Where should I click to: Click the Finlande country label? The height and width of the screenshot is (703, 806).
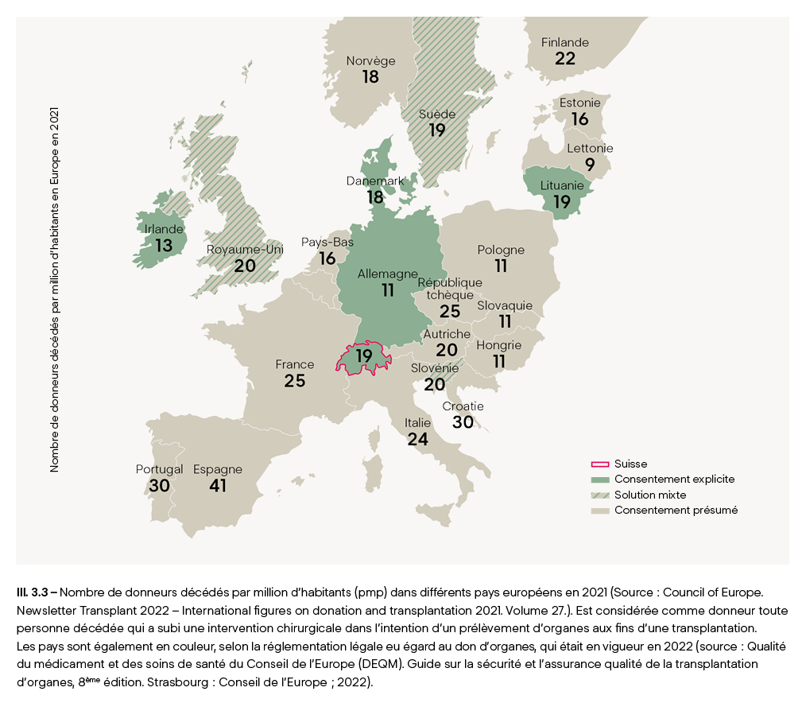565,42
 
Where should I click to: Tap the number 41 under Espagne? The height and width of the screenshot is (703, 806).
218,485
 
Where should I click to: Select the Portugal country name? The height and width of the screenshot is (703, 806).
159,469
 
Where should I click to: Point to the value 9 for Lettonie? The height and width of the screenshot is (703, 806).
590,165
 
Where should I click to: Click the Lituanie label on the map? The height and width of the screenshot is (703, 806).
562,185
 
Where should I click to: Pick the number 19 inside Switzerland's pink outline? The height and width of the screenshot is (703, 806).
364,355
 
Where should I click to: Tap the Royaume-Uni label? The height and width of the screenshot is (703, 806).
245,250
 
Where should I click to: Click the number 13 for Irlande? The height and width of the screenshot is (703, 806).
164,245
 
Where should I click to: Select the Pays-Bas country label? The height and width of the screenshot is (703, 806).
327,243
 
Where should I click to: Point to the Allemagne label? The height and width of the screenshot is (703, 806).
388,274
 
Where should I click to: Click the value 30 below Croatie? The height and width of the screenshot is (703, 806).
463,422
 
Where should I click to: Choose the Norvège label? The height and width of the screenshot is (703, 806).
370,61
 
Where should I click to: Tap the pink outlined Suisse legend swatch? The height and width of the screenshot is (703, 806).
600,464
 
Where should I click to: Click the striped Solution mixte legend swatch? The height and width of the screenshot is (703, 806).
600,495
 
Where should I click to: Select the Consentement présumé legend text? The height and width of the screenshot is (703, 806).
676,510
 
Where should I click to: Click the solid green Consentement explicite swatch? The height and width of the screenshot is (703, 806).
600,480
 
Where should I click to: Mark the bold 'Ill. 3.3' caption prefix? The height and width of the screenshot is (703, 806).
33,592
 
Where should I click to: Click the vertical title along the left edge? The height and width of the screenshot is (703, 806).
55,290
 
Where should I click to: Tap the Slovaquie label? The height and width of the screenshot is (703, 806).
505,305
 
